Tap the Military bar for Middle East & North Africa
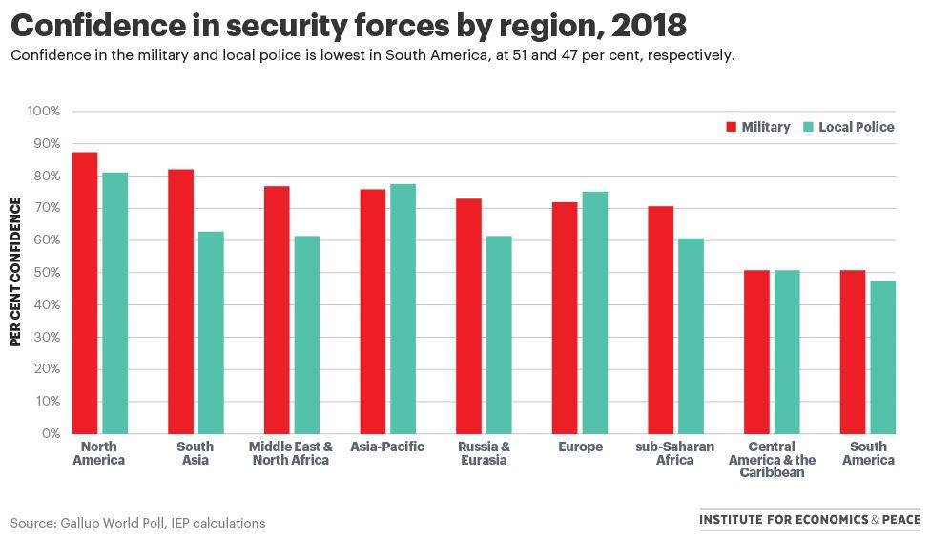(x=277, y=310)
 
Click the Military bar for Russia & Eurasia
(x=468, y=316)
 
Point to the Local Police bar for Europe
(x=594, y=312)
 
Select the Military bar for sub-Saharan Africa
(x=660, y=320)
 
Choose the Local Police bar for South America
(x=882, y=357)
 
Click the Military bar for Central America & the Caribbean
(x=756, y=352)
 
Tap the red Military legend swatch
(x=732, y=127)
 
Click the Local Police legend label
(x=856, y=127)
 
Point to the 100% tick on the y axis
(x=44, y=112)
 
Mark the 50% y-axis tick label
(x=46, y=273)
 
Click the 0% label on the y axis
(x=50, y=434)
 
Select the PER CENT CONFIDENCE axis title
(x=16, y=272)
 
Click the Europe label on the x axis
(x=580, y=447)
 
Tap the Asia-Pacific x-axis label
(x=387, y=447)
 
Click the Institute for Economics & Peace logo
(x=810, y=520)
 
